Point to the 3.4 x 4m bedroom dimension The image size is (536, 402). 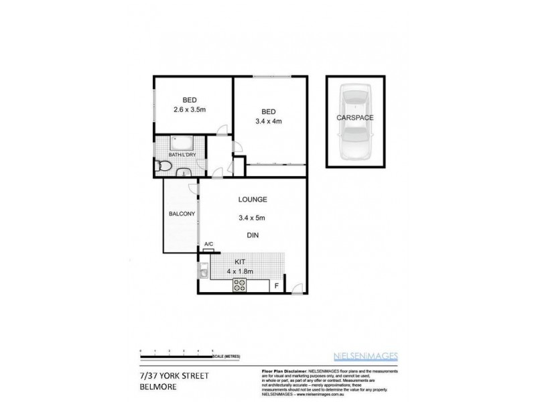coord(269,121)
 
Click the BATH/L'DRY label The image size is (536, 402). coord(182,155)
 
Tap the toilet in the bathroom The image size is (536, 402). coord(161,166)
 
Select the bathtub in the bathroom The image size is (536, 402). coord(182,143)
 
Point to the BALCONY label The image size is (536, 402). coord(182,214)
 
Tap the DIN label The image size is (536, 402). coord(252,235)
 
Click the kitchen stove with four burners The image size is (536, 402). coord(240,286)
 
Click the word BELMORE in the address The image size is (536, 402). coord(155,385)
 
